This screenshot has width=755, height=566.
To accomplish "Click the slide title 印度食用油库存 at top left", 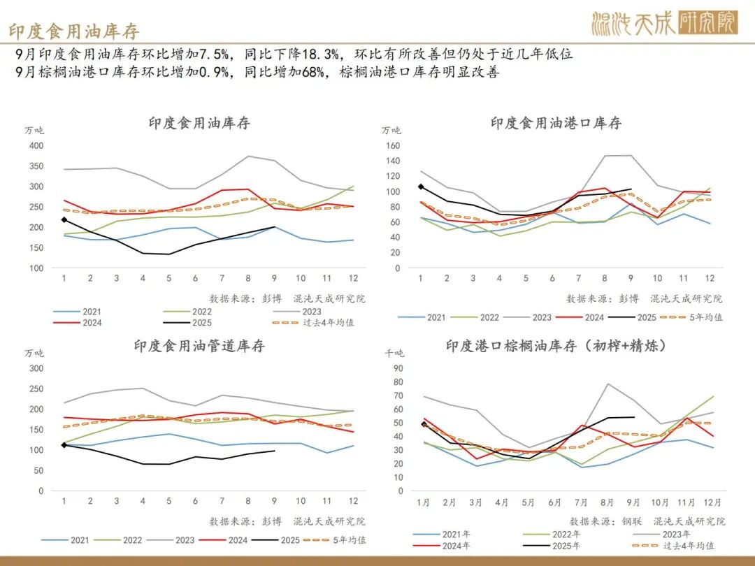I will pos(74,31).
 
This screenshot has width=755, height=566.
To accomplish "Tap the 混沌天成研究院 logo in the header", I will pos(663,24).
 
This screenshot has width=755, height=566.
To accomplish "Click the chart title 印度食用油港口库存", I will pos(556,124).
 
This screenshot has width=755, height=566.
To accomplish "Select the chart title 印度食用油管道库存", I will pos(199,346).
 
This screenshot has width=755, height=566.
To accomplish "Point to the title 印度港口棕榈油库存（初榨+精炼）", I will pos(556,346).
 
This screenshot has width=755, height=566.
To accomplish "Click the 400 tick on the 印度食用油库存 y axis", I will pos(36,146).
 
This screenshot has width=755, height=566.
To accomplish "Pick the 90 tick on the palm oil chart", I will pos(398,368).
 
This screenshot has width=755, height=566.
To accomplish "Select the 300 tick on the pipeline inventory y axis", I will pos(36,368).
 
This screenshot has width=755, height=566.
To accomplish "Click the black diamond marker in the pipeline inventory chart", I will pos(64,444).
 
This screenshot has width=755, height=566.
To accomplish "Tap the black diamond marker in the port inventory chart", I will pos(421,187).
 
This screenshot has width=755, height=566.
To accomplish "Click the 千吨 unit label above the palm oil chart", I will pos(394,354).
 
